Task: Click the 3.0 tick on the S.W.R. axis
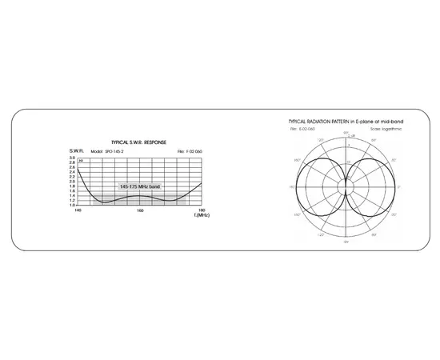(72, 158)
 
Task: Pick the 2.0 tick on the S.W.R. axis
(72, 181)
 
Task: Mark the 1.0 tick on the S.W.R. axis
(72, 205)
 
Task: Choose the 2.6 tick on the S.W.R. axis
(72, 167)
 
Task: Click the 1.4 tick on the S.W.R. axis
(72, 195)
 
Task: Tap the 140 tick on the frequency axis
(78, 211)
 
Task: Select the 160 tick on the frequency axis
(140, 211)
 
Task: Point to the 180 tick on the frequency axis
(201, 211)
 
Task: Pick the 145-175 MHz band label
(140, 186)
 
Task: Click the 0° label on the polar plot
(401, 186)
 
